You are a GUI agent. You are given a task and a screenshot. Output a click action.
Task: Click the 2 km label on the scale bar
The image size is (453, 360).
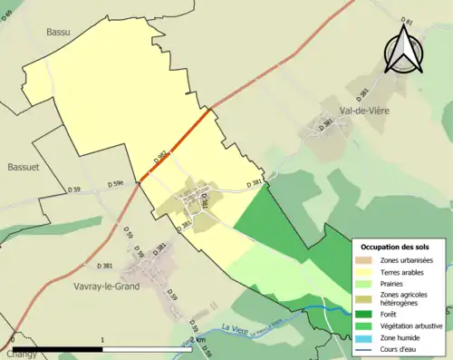(199, 338)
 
